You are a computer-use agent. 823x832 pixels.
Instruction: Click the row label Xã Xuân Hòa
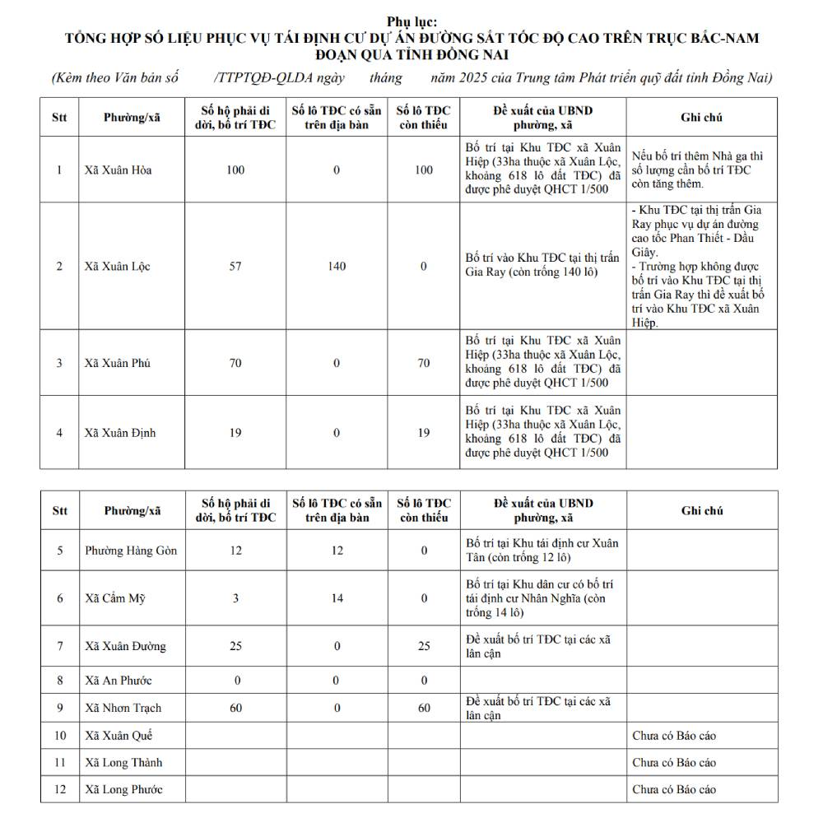tap(118, 170)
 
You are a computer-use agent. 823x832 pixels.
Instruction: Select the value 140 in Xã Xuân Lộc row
tap(337, 267)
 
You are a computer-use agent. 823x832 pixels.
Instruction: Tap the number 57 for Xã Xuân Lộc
tap(235, 267)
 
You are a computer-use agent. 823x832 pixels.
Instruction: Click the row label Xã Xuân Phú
tap(116, 363)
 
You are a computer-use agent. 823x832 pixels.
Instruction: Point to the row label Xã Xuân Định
tap(119, 433)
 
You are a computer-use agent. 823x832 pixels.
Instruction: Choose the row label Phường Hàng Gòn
tap(131, 551)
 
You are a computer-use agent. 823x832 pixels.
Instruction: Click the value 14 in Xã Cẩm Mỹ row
tap(337, 598)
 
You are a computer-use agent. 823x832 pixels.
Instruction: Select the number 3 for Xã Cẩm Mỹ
tap(235, 598)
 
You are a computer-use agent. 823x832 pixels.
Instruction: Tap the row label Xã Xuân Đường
tap(125, 646)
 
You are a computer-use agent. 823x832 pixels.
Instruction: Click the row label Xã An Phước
tap(118, 681)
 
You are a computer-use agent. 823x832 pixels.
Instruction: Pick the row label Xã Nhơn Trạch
tap(123, 708)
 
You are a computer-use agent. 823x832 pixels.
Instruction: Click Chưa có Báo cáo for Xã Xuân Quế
tap(674, 736)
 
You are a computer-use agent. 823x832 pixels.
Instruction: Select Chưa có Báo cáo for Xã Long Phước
tap(674, 789)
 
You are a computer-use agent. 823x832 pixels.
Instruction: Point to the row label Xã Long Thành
tap(123, 763)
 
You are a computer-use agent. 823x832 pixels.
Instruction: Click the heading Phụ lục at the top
tap(411, 21)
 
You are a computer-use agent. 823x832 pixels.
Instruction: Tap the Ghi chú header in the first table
tap(701, 118)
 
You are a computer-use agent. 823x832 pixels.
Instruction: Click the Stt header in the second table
tap(59, 510)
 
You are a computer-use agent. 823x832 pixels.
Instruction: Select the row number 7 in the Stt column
tap(59, 646)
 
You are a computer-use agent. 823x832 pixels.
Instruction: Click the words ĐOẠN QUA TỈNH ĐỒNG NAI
tap(411, 54)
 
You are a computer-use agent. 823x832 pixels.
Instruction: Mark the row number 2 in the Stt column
tap(59, 267)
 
